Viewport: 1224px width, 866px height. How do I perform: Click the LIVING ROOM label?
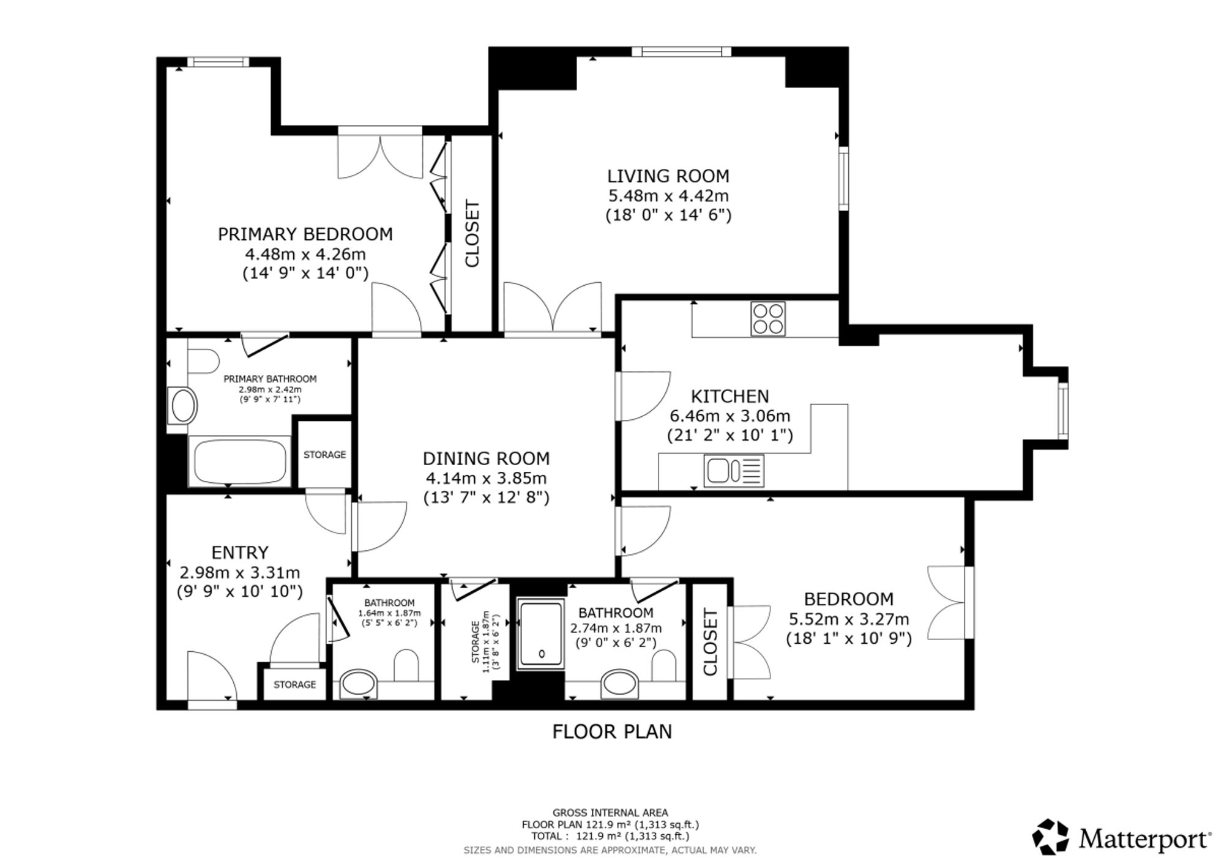coord(668,176)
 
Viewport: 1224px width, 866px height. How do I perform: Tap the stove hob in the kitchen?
coord(768,319)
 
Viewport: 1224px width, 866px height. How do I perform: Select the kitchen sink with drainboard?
coord(734,471)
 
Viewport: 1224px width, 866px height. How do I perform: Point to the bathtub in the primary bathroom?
coord(240,461)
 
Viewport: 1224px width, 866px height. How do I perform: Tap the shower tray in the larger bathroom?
coord(541,633)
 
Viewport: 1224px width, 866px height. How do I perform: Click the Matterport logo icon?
coord(1051,837)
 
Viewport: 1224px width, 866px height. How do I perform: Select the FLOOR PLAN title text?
coord(612,732)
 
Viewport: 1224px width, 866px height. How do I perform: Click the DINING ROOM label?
coord(487,458)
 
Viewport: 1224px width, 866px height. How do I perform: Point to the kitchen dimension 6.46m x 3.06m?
coord(730,416)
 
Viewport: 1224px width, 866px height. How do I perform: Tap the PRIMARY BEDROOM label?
coord(305,234)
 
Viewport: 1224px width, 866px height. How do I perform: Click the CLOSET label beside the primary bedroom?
coord(472,233)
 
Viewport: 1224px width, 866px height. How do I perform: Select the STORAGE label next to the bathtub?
coord(325,455)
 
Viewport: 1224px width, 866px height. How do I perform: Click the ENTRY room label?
coord(240,553)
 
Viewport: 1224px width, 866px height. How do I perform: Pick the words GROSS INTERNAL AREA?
coord(611,813)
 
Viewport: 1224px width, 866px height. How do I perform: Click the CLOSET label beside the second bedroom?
coord(710,641)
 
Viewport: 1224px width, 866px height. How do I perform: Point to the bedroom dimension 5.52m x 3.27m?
coord(849,619)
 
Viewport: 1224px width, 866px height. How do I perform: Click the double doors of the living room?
coord(553,309)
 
